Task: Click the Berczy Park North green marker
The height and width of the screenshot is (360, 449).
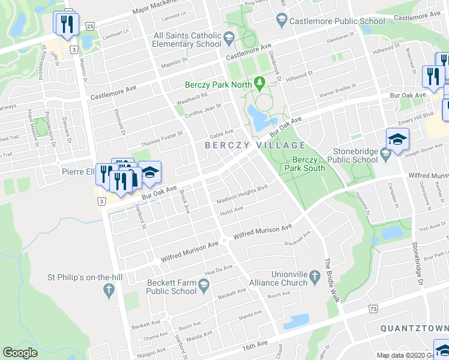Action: coord(260,82)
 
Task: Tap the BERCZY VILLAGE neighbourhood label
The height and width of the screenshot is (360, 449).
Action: coord(255,145)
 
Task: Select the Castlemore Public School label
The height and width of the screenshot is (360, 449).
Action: coord(337,22)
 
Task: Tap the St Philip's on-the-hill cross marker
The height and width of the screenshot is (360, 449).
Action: coord(109,290)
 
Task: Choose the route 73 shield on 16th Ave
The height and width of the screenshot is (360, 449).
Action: coord(373,308)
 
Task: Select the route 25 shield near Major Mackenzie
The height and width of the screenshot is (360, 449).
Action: coord(89,26)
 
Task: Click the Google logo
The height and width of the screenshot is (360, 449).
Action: coord(20,352)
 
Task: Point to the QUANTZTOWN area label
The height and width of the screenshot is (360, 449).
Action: coord(414,328)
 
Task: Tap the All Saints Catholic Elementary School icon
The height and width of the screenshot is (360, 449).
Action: coord(228,40)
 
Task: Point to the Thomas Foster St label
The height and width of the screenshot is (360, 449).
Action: coord(161,140)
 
